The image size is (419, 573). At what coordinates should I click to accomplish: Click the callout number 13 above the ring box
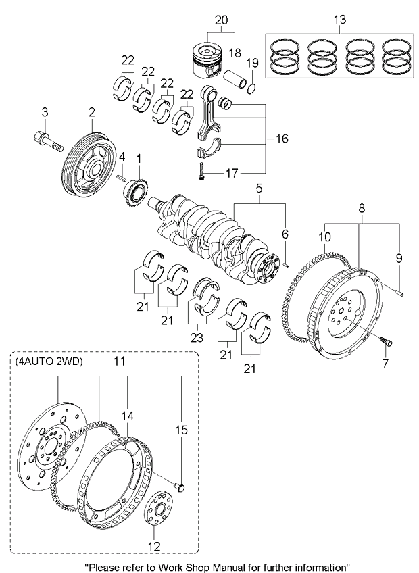[x=339, y=20]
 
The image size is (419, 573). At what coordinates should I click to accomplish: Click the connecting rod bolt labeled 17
[x=201, y=173]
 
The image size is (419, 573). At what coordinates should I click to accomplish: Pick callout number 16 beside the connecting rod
[x=281, y=139]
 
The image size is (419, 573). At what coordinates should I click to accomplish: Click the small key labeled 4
[x=121, y=178]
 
